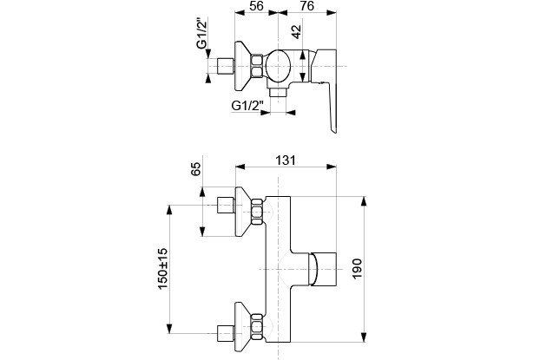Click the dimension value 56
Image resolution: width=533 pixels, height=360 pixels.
[x=255, y=7]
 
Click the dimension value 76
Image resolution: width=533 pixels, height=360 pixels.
[x=306, y=7]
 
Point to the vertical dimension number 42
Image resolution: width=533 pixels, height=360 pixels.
[x=298, y=32]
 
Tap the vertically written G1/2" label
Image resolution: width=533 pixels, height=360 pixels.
[x=201, y=34]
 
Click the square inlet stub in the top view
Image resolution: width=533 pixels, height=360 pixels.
[x=225, y=67]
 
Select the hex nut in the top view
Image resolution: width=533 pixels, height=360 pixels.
[x=258, y=66]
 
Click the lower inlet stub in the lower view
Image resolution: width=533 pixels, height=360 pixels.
[x=224, y=332]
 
